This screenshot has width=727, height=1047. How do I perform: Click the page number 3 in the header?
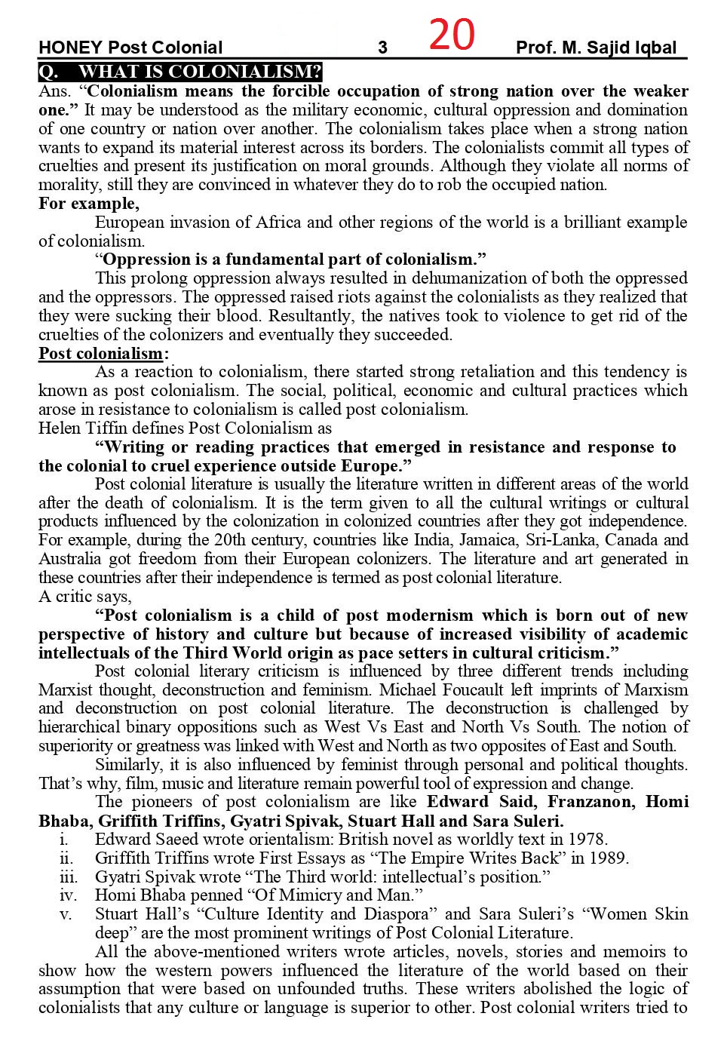pyautogui.click(x=382, y=48)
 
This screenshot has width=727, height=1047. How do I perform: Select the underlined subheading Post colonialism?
pyautogui.click(x=103, y=354)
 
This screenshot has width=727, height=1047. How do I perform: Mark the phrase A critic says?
pyautogui.click(x=84, y=597)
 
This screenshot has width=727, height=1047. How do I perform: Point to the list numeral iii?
pyautogui.click(x=68, y=877)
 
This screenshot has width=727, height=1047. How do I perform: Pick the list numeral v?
pyautogui.click(x=66, y=914)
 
